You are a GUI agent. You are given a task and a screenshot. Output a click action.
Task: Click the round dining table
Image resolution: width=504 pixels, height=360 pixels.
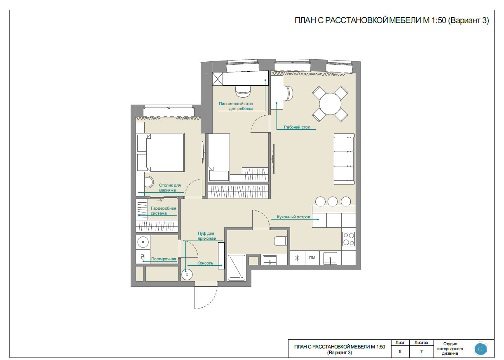click(330, 104)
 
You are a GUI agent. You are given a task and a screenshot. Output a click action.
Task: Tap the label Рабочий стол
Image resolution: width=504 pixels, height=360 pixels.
click(297, 127)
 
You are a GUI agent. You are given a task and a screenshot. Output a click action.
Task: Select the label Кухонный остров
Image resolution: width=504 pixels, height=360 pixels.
click(293, 217)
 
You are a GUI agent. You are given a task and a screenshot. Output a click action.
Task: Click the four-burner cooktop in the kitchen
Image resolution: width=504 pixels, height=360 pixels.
click(349, 239)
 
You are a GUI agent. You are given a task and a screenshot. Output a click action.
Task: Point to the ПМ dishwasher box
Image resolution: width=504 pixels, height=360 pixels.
click(312, 258)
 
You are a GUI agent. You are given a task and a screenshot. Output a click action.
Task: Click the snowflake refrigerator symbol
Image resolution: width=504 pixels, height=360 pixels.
click(297, 258)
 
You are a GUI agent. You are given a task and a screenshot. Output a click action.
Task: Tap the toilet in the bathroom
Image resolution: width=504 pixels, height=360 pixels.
click(281, 241)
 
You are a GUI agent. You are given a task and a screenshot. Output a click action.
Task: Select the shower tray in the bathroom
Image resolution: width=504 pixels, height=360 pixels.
click(236, 268)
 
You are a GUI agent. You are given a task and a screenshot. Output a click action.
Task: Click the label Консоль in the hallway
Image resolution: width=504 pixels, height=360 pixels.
click(205, 263)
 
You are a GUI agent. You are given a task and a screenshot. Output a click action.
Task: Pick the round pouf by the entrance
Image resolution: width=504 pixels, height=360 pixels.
click(187, 274)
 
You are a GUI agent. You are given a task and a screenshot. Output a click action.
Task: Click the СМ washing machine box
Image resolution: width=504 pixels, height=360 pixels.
click(143, 257)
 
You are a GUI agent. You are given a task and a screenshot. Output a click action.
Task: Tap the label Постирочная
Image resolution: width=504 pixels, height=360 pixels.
click(164, 259)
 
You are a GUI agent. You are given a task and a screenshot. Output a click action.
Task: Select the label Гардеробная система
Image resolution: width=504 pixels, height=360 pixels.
click(163, 211)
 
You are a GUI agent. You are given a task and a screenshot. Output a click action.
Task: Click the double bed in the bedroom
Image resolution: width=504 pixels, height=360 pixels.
click(160, 153)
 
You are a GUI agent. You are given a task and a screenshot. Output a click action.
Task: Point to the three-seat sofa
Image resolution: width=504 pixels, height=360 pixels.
click(344, 159)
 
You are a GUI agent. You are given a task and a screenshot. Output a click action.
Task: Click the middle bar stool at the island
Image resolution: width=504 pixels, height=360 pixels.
click(332, 201)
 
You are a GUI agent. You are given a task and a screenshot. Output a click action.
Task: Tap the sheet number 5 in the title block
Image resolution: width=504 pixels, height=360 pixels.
click(400, 351)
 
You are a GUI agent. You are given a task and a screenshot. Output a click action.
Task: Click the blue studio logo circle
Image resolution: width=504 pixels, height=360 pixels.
click(481, 349)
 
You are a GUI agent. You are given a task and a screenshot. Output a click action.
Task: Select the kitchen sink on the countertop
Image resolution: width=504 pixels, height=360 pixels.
click(330, 258)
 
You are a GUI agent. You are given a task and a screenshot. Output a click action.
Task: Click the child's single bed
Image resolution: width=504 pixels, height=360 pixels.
click(219, 157)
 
